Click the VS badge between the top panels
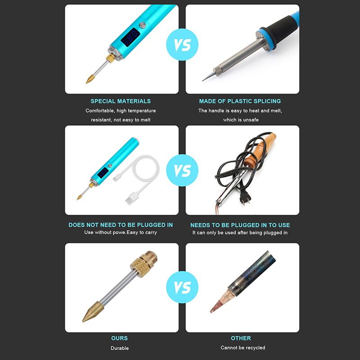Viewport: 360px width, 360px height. [182, 45]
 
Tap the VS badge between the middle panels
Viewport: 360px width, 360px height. [182, 171]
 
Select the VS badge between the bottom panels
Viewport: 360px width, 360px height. [182, 287]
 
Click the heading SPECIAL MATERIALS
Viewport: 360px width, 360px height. [121, 101]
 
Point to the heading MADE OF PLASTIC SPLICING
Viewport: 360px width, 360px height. [240, 101]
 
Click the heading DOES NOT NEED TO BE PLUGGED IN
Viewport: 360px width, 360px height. [121, 225]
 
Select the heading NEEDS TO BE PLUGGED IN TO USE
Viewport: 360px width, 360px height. [240, 225]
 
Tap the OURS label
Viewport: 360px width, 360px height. [119, 338]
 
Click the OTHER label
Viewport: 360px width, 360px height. [241, 338]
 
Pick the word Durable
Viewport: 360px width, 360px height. [120, 348]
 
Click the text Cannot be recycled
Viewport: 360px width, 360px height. [243, 347]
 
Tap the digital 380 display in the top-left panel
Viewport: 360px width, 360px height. [130, 37]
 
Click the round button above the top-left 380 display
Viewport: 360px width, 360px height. [143, 25]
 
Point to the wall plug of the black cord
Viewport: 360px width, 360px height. [245, 197]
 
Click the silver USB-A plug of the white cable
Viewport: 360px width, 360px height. [130, 199]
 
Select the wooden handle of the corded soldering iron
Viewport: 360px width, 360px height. [260, 150]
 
